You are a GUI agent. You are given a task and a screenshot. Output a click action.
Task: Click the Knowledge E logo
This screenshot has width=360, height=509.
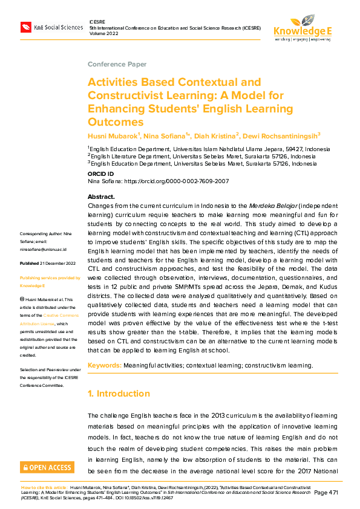pos(303,27)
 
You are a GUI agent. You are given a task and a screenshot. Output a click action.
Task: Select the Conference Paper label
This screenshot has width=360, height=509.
pos(117,64)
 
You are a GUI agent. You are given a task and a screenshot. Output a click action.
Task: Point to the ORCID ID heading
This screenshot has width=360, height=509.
pos(100,173)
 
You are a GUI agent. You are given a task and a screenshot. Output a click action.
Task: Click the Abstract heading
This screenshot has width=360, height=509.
pos(101,197)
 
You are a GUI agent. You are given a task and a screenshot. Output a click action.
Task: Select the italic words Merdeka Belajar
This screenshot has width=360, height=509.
pos(282,206)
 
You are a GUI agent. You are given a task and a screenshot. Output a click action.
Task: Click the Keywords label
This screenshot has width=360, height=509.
pos(105,366)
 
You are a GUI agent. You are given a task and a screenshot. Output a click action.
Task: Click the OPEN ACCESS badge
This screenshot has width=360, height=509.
pos(47,467)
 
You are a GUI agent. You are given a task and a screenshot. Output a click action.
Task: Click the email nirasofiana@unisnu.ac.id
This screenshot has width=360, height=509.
pos(44,248)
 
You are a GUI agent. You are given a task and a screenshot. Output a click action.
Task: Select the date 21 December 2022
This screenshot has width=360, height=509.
pos(58,264)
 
